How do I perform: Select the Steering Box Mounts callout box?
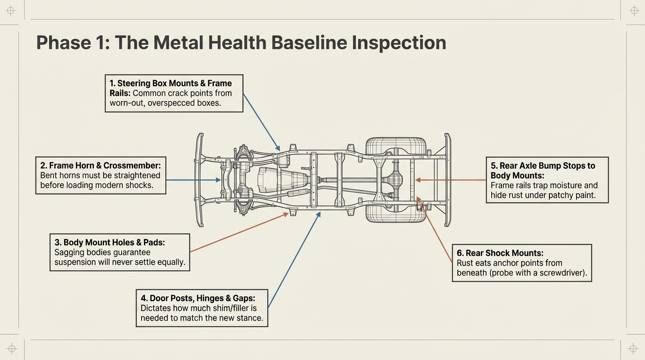pyautogui.click(x=174, y=93)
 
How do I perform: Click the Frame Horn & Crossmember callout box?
pyautogui.click(x=101, y=175)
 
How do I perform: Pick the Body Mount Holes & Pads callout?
pyautogui.click(x=120, y=252)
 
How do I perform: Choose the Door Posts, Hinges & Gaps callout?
pyautogui.click(x=202, y=308)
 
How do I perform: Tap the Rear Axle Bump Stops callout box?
pyautogui.click(x=547, y=180)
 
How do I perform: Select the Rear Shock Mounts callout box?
pyautogui.click(x=522, y=263)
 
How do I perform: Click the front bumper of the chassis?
pyautogui.click(x=200, y=180)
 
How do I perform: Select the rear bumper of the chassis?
pyautogui.click(x=447, y=180)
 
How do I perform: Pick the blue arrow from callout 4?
pyautogui.click(x=294, y=260)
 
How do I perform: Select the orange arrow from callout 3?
pyautogui.click(x=239, y=232)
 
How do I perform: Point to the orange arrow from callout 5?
pyautogui.click(x=450, y=180)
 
